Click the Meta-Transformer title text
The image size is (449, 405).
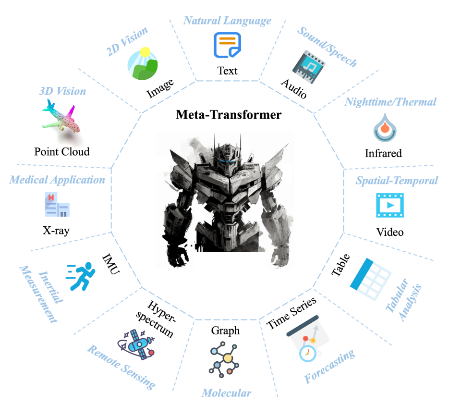coord(229,114)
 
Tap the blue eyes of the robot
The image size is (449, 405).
coord(227,162)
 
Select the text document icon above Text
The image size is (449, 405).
coord(227,45)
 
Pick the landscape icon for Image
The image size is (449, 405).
coord(143,63)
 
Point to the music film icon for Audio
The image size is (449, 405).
coord(309,67)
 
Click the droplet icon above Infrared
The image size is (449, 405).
coord(385,127)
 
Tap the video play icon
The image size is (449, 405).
coord(390,205)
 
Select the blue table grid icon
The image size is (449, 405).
coord(371,279)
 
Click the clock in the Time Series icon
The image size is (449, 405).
coord(307,354)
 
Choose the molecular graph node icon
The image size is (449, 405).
coord(224,359)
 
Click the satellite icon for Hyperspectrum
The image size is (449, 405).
coord(136,344)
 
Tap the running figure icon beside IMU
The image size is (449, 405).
coord(81,276)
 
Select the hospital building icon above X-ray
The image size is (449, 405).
coord(57,205)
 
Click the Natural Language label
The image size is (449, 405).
coord(227,21)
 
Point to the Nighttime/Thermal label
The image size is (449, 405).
coord(390,102)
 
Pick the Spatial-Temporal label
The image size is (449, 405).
coord(397,181)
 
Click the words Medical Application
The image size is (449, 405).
coord(57,180)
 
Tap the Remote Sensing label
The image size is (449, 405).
coord(121,367)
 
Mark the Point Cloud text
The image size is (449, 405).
coord(62,151)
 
